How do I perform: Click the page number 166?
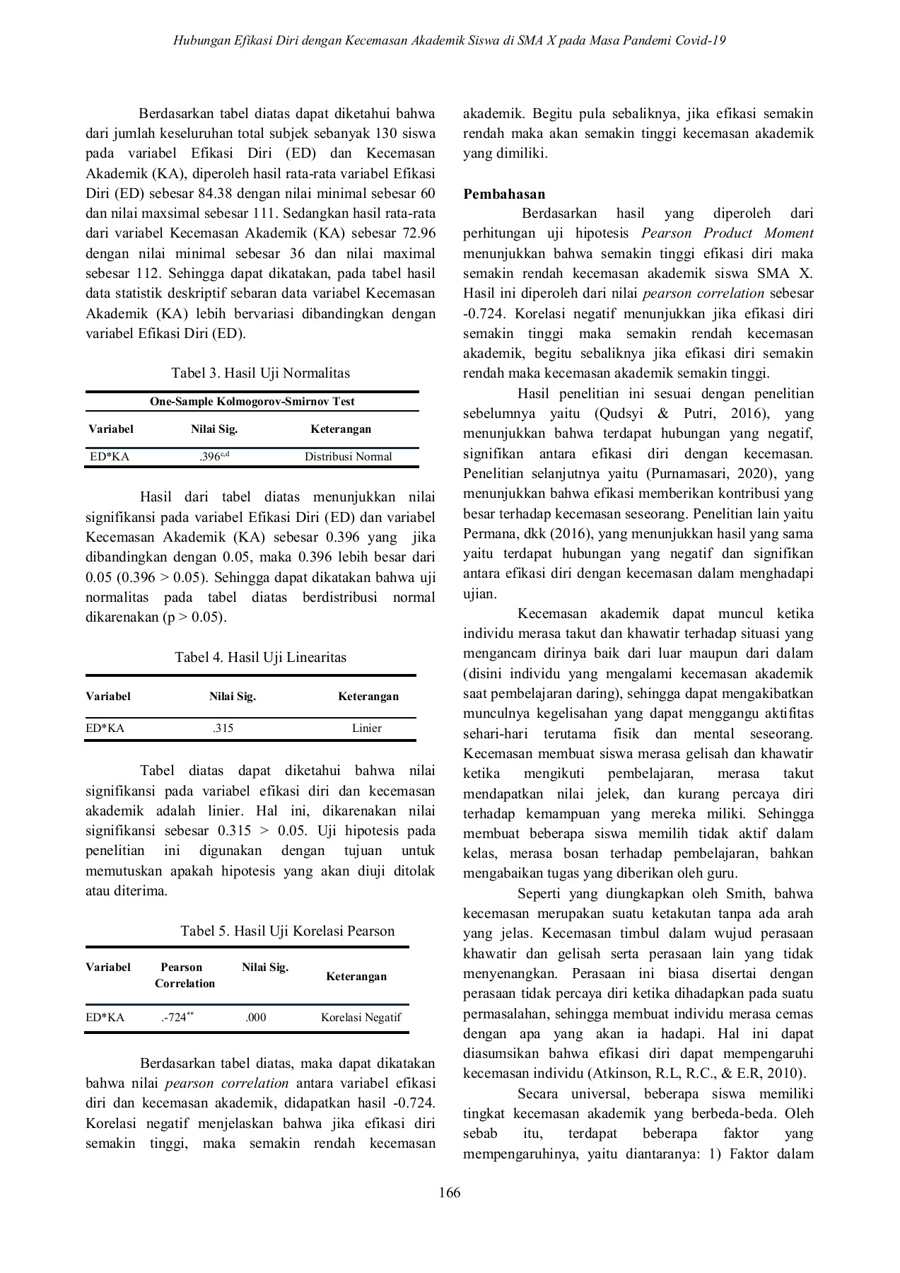[450, 1192]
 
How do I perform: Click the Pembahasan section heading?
[504, 194]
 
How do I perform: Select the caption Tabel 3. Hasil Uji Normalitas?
[260, 373]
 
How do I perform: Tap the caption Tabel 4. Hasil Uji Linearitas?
[260, 657]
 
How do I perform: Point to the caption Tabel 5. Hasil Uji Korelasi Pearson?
[287, 931]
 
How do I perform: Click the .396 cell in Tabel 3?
[214, 456]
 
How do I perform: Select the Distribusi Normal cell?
[348, 456]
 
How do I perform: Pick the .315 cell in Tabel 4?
[223, 728]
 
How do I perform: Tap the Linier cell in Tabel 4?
[366, 728]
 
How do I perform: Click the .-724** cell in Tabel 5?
[177, 1017]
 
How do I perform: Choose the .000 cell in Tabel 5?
[256, 1018]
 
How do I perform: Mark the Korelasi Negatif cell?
[361, 1018]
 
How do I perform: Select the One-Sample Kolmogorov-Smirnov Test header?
[252, 402]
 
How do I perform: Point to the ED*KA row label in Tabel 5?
[105, 1018]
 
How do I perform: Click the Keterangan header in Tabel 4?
[368, 696]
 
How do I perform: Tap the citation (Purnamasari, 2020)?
[709, 473]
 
